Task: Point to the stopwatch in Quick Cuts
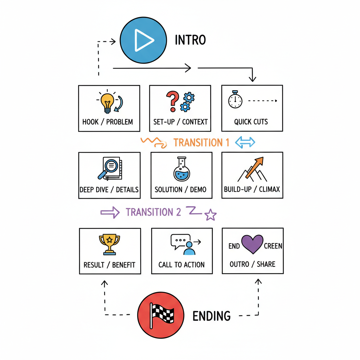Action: [x=235, y=100]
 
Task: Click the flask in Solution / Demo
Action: [x=181, y=169]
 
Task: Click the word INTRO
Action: [x=190, y=40]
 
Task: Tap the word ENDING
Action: [x=212, y=316]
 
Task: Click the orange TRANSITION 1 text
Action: [x=201, y=142]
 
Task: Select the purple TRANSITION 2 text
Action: [x=153, y=212]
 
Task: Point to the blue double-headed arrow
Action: [x=245, y=142]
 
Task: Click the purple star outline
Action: [x=210, y=214]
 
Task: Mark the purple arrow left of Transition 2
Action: [x=110, y=212]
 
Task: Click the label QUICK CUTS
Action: [x=251, y=122]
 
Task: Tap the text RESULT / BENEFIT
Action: [x=109, y=265]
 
